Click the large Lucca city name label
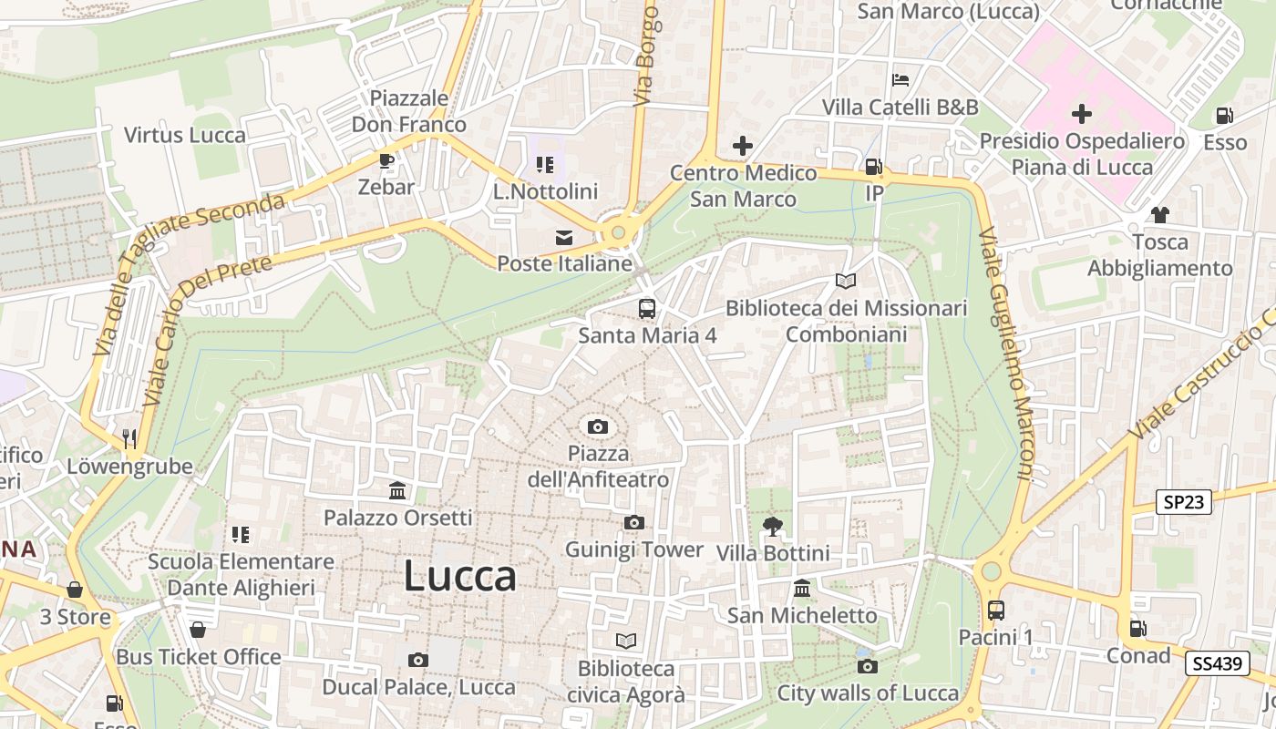point(459,576)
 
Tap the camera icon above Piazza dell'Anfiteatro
point(598,426)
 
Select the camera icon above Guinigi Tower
point(634,522)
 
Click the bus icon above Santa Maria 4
point(646,308)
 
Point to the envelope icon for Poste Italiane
point(564,238)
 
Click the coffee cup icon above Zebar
point(386,161)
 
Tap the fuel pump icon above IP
point(873,167)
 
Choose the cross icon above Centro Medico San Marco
point(743,146)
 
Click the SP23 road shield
point(1184,501)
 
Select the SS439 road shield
point(1217,663)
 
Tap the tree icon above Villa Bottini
point(772,526)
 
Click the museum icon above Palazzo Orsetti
point(397,491)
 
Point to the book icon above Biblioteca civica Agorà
point(625,641)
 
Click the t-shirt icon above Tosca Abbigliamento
point(1159,215)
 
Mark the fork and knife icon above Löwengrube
point(129,439)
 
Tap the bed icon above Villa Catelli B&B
point(900,80)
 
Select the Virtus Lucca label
point(185,136)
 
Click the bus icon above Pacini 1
point(995,610)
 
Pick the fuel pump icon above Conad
point(1137,628)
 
